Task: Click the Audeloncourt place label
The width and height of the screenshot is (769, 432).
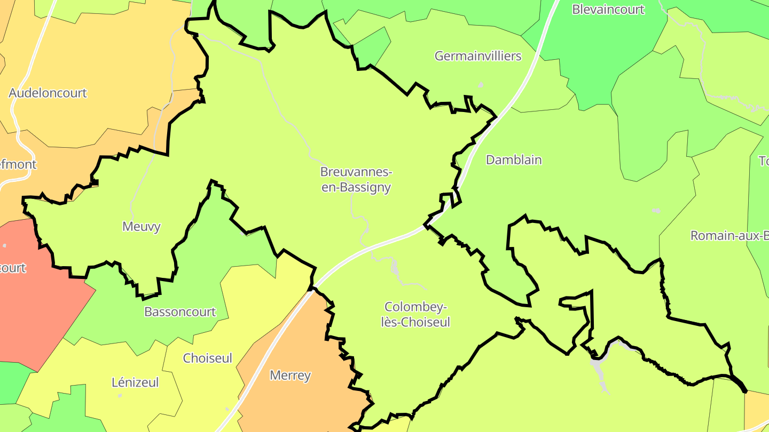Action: (48, 93)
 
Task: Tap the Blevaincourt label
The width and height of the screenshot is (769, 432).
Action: (608, 9)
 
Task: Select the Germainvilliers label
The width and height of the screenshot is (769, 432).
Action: (477, 55)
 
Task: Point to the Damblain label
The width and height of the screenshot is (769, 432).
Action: (514, 159)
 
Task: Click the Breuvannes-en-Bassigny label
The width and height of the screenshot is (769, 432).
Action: (356, 180)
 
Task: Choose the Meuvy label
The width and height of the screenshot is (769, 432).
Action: (142, 227)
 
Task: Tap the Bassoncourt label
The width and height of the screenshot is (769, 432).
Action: (180, 311)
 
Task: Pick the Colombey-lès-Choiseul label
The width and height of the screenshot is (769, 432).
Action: (417, 315)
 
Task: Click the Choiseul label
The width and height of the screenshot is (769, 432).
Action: (207, 358)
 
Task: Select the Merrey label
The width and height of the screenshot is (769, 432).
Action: (290, 375)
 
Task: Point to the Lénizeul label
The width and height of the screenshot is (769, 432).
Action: (135, 382)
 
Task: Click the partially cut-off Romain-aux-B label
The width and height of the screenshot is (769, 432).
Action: (729, 235)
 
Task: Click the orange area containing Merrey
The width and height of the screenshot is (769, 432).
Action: (299, 347)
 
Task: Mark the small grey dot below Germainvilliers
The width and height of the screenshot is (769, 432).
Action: (481, 84)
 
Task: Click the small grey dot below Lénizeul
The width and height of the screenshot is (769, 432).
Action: (120, 395)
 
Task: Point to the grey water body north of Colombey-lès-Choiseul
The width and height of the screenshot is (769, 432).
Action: (395, 267)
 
